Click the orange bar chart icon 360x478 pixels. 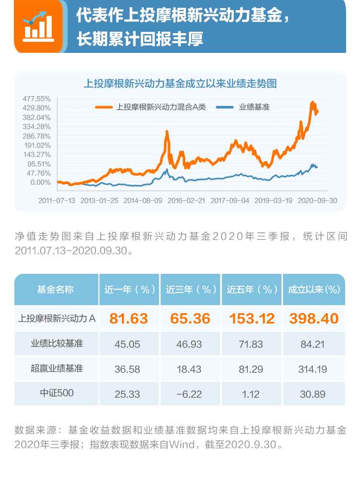pyautogui.click(x=38, y=26)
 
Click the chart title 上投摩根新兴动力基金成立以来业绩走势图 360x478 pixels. pyautogui.click(x=180, y=83)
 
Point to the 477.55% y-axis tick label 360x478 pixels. pyautogui.click(x=36, y=98)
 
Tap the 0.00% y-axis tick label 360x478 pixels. pyautogui.click(x=41, y=182)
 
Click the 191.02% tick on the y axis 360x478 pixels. pyautogui.click(x=36, y=145)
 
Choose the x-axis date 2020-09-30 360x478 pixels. pyautogui.click(x=317, y=199)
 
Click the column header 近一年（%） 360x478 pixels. pyautogui.click(x=130, y=289)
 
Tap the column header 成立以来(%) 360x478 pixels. pyautogui.click(x=313, y=289)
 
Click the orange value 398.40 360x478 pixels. pyautogui.click(x=313, y=318)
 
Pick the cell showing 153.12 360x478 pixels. pyautogui.click(x=252, y=318)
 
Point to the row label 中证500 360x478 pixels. pyautogui.click(x=57, y=394)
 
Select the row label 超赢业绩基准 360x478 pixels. pyautogui.click(x=57, y=369)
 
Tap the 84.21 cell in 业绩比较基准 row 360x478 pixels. pyautogui.click(x=313, y=343)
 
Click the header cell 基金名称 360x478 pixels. pyautogui.click(x=57, y=289)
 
